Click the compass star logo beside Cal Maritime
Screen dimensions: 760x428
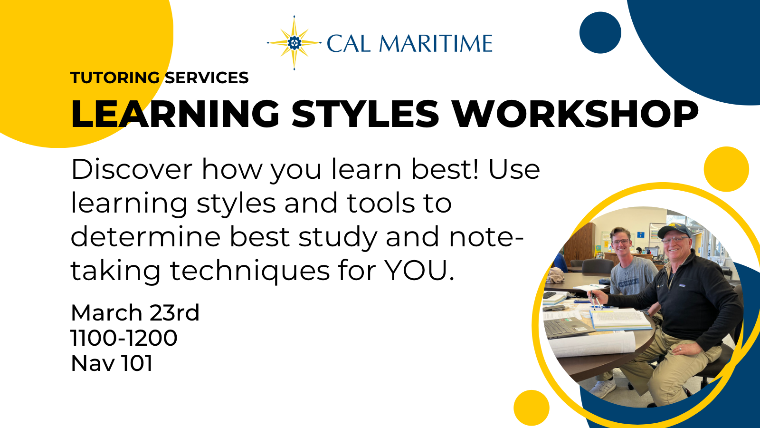pos(294,43)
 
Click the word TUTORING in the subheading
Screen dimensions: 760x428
pos(115,78)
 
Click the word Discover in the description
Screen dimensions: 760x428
pos(132,169)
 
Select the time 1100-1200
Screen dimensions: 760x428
pos(124,338)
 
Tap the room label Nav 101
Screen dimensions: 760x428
pos(112,363)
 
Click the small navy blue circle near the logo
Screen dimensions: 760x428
pos(600,33)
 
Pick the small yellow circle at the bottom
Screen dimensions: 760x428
pos(532,408)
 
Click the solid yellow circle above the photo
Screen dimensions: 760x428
pos(726,169)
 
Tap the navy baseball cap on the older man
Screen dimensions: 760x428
pos(674,231)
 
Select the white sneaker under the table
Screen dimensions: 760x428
pos(602,389)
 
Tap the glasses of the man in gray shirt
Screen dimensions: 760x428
pos(620,242)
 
